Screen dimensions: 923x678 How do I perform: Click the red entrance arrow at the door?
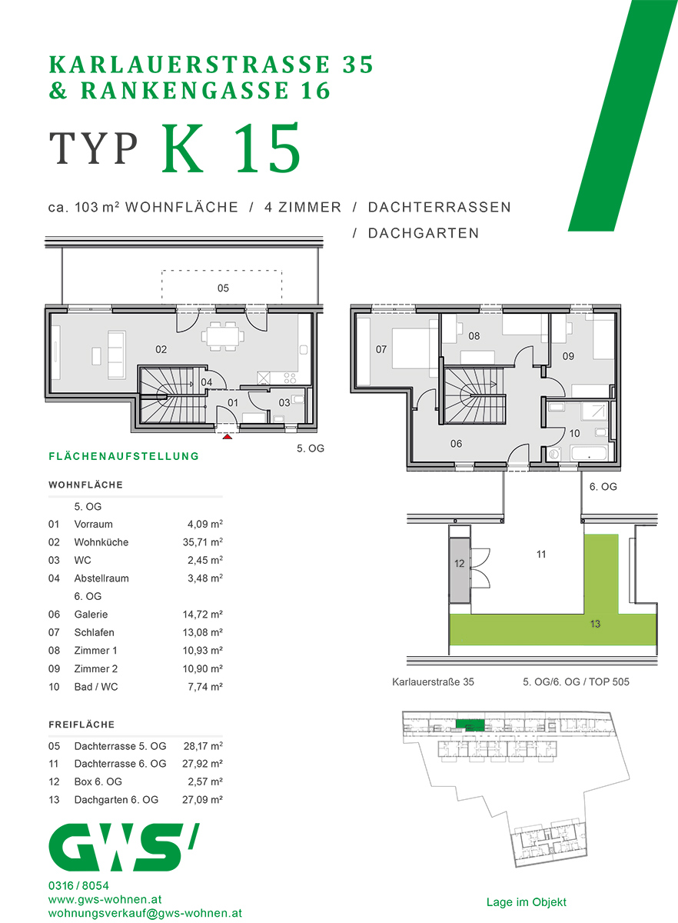tap(227, 438)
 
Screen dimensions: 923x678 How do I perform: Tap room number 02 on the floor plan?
tap(161, 349)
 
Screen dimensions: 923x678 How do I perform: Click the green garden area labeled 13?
tap(595, 625)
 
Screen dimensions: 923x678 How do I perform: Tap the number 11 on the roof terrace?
tap(541, 554)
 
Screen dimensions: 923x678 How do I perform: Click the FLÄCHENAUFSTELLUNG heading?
tap(124, 456)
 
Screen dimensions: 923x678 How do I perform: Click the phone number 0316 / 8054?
tap(78, 886)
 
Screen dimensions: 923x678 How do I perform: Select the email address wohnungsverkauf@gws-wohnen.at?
tap(145, 913)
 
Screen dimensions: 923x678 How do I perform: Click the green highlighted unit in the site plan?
tap(469, 725)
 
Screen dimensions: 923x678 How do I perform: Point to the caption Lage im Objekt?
tap(527, 902)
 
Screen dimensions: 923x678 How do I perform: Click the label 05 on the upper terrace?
tap(223, 288)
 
